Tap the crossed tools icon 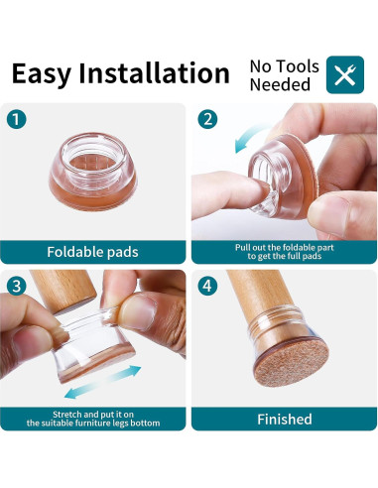coord(345,74)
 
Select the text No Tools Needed coord(284,75)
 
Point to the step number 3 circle coord(17,288)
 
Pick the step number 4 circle coord(207,288)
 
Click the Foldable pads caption coord(92,251)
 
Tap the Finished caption coord(285,419)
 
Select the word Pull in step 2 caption coord(243,245)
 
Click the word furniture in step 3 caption coord(103,424)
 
